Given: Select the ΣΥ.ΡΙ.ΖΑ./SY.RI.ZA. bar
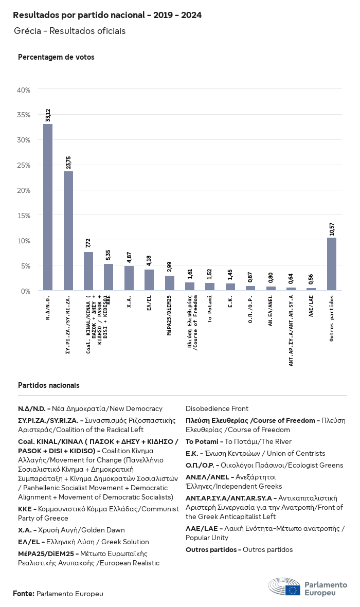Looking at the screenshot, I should tap(68, 231).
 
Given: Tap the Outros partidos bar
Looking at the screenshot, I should tap(332, 264).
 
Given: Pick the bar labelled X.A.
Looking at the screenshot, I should tap(129, 278).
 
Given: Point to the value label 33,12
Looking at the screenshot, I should tap(48, 115).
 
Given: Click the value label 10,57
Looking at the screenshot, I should tap(332, 228).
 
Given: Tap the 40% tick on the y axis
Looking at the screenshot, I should tap(24, 90).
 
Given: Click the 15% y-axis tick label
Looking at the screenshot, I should tap(24, 216).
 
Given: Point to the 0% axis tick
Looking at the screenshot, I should tap(26, 291).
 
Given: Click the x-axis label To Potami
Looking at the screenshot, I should tap(210, 309).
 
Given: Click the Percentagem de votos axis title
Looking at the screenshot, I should tap(56, 57).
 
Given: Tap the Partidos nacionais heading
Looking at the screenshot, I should tap(49, 385).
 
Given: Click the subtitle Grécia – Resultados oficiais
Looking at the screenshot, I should tap(70, 31).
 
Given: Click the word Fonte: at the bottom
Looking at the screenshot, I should tap(24, 594).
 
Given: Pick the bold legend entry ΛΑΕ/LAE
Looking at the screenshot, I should tap(203, 528).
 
